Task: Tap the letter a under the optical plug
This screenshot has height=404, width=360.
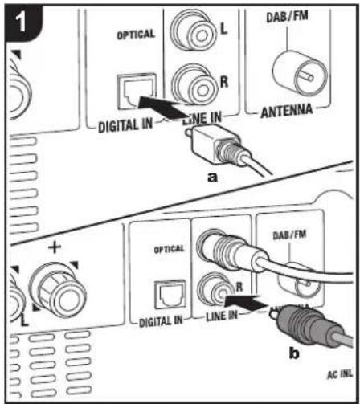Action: (212, 178)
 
